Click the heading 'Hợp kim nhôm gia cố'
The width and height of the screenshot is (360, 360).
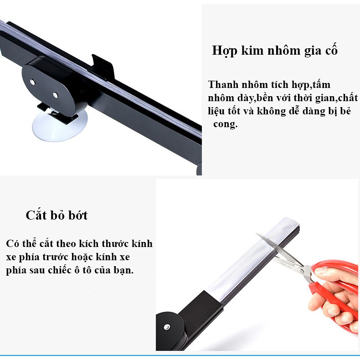pyautogui.click(x=275, y=51)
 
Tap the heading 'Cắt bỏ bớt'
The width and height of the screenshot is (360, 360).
pyautogui.click(x=57, y=216)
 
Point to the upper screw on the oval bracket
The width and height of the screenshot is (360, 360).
pyautogui.click(x=32, y=82)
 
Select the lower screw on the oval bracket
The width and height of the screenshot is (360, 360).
pyautogui.click(x=55, y=95)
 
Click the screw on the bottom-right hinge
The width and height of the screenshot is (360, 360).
pyautogui.click(x=166, y=327)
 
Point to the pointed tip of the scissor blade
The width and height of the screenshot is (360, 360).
pyautogui.click(x=257, y=233)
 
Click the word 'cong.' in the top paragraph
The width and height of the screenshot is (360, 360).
pyautogui.click(x=225, y=124)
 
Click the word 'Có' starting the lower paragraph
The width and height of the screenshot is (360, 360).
pyautogui.click(x=12, y=243)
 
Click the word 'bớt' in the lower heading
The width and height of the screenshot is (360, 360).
pyautogui.click(x=78, y=216)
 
